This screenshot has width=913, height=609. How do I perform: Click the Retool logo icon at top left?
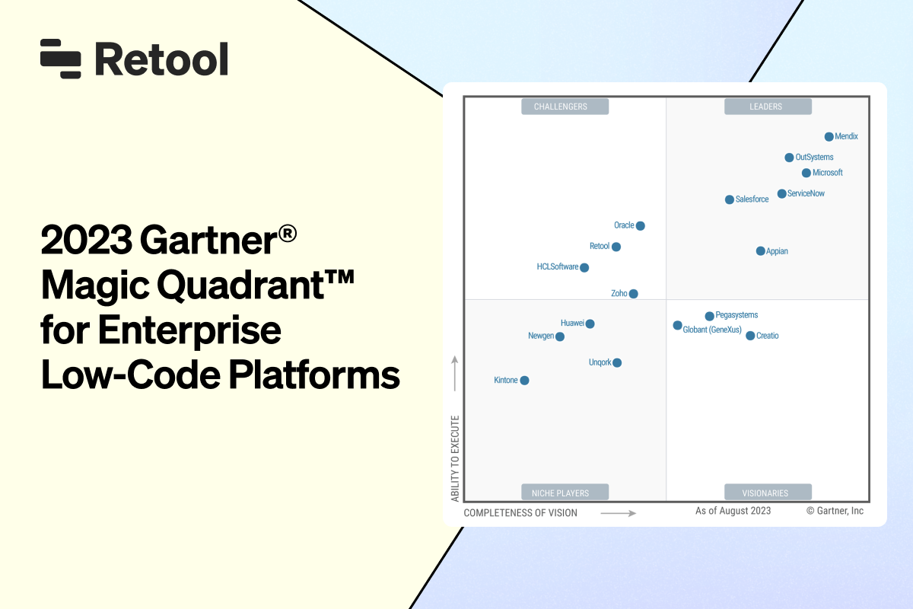[61, 59]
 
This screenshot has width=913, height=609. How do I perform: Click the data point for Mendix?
[829, 137]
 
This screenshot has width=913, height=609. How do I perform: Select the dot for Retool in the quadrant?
[616, 247]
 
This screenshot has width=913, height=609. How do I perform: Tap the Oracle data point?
[641, 225]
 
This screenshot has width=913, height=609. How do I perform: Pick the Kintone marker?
[524, 381]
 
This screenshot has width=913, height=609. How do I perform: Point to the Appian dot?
[761, 251]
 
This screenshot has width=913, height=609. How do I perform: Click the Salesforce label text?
[752, 199]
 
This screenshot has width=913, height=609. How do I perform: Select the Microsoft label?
[828, 173]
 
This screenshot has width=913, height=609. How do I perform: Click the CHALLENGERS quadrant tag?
[565, 107]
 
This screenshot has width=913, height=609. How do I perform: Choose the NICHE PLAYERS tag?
[565, 493]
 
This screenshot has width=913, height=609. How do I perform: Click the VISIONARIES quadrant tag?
[768, 493]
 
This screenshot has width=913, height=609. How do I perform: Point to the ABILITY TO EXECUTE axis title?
[455, 458]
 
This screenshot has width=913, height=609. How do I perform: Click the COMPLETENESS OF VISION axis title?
[520, 513]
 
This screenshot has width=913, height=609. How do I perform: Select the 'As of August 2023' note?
[733, 511]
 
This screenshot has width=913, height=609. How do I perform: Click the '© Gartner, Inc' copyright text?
[835, 511]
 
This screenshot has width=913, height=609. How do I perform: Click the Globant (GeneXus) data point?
[678, 326]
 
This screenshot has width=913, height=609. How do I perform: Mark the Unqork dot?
[617, 363]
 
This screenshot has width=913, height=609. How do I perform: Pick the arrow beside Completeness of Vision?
[618, 513]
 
